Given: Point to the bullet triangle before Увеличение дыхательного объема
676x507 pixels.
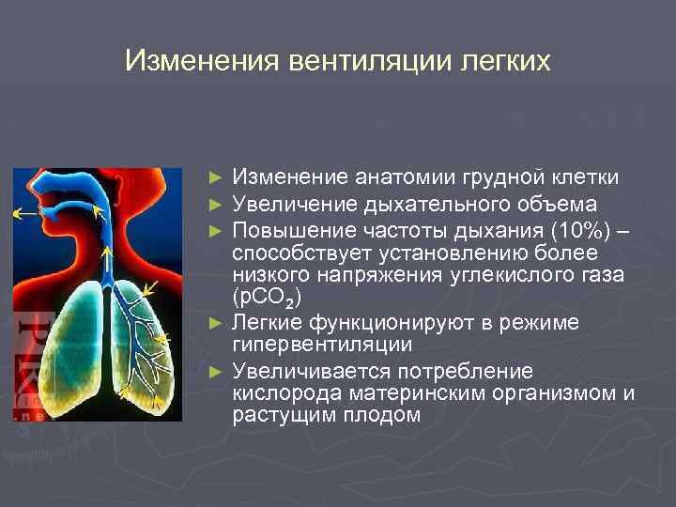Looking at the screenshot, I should click(x=218, y=204).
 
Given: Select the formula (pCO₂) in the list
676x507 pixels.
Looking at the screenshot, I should click(x=267, y=298).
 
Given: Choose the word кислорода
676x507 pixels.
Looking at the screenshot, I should click(x=282, y=392).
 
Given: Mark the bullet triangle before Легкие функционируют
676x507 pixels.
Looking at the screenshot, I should click(x=218, y=323).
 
